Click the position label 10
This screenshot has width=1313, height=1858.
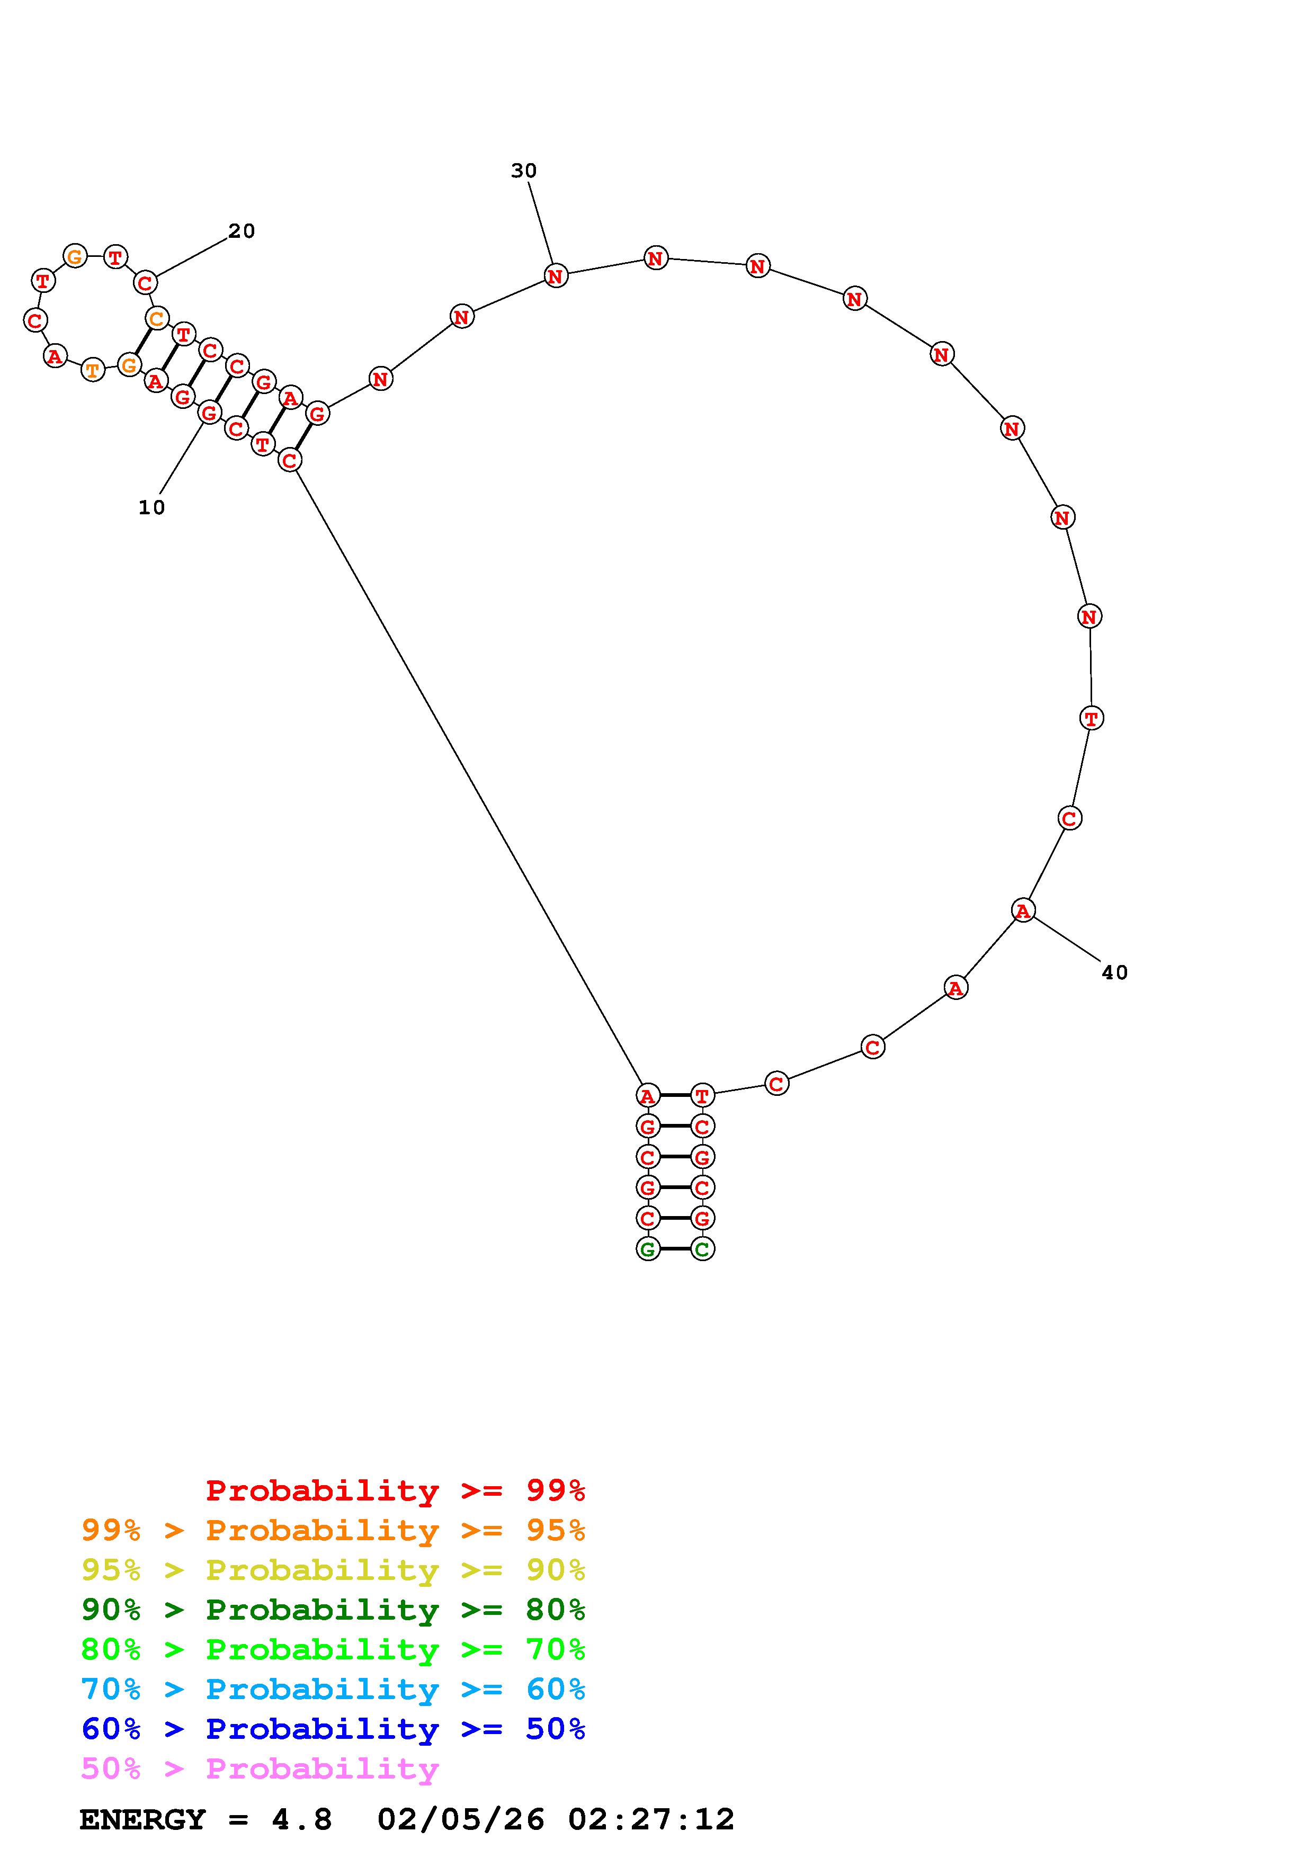[151, 507]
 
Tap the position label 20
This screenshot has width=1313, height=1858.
[241, 231]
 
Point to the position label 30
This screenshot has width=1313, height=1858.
[523, 171]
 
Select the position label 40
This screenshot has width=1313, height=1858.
[1114, 973]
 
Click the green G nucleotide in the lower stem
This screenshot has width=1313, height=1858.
[647, 1249]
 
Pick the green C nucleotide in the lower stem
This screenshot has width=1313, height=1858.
[702, 1249]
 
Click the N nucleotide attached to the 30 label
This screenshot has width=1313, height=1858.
[556, 276]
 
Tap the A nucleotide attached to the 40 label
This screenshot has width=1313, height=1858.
[1023, 910]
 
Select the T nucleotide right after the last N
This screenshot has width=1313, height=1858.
[1091, 718]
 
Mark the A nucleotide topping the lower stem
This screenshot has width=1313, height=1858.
[647, 1096]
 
